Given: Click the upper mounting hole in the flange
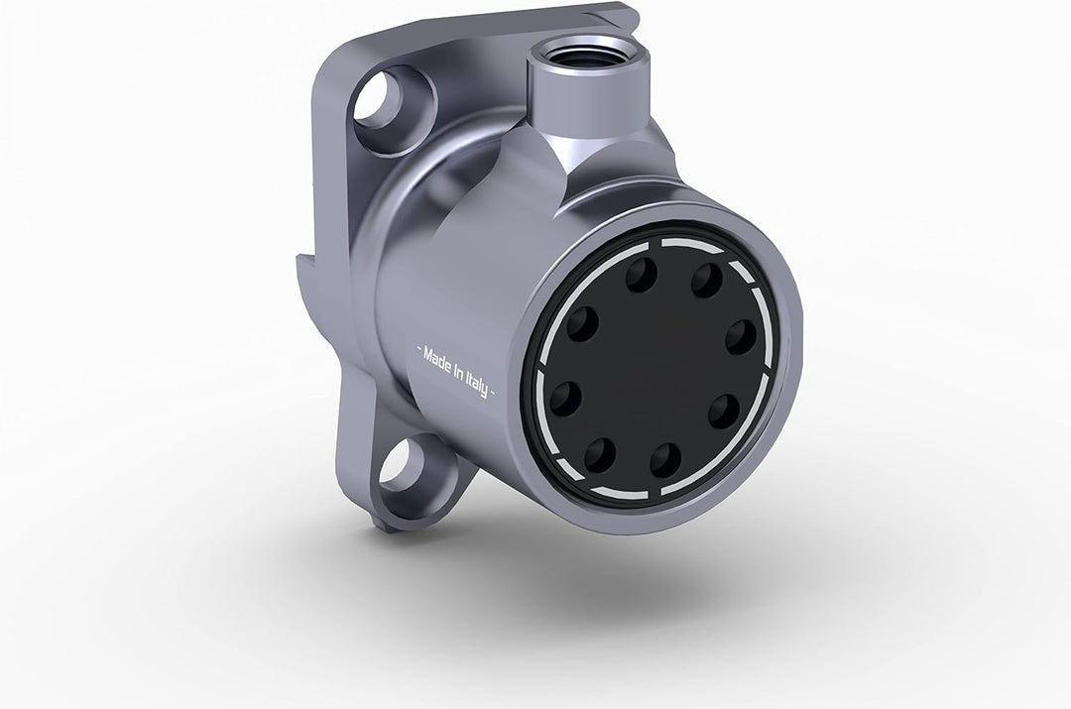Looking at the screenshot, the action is (x=381, y=100).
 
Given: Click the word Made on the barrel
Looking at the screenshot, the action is (x=437, y=361).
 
